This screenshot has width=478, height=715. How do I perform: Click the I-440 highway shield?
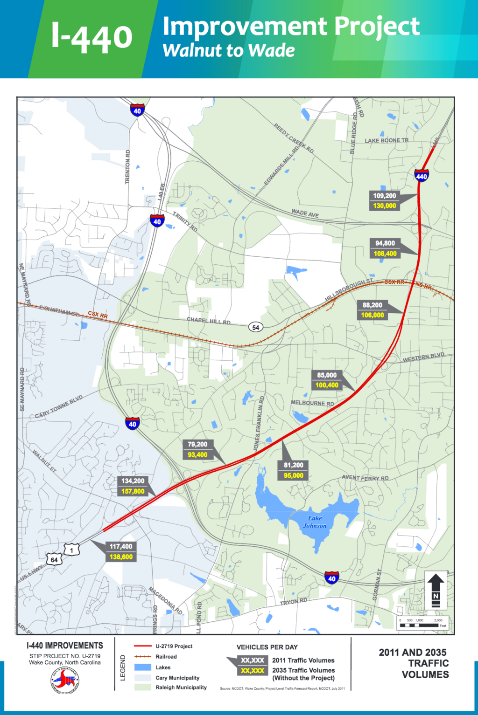click(x=422, y=176)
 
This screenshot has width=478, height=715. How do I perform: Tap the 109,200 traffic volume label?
click(x=384, y=196)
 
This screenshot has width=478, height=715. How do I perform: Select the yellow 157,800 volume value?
click(x=133, y=491)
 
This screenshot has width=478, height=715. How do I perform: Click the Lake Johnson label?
click(x=315, y=522)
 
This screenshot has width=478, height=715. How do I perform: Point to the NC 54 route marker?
click(x=255, y=327)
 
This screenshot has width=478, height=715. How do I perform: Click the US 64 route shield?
click(x=54, y=559)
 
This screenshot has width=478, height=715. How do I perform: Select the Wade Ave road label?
click(x=305, y=213)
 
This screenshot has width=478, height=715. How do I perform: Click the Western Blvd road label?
click(x=423, y=357)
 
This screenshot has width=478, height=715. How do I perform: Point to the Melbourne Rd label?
click(x=312, y=403)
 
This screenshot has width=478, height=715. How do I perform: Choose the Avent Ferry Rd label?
click(x=365, y=478)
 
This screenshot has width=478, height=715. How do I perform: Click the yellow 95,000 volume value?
click(x=294, y=475)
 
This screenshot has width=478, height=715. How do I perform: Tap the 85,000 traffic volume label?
click(x=327, y=375)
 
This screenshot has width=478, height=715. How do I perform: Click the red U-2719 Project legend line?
click(x=142, y=646)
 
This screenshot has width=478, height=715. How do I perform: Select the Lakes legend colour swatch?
click(x=142, y=667)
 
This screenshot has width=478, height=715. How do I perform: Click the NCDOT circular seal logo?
click(x=65, y=681)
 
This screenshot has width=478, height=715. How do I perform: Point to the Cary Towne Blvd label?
click(x=59, y=406)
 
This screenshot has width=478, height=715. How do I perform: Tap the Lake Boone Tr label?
click(x=386, y=140)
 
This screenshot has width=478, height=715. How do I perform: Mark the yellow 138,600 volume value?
click(x=121, y=557)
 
